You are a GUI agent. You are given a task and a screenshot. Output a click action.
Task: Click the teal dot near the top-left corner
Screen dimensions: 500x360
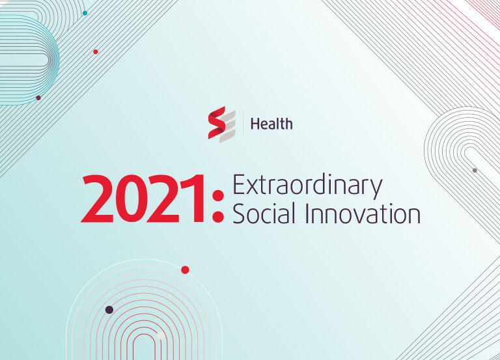coord(85,13)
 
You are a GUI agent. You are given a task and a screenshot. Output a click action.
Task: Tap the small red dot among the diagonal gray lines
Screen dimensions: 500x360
coord(96,51)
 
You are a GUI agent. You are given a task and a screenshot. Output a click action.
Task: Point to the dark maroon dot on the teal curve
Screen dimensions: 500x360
coord(38,98)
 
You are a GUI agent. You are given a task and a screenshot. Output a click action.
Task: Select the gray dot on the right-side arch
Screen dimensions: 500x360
coord(475,171)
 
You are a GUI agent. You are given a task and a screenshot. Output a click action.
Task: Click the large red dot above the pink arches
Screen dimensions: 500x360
coord(186,270)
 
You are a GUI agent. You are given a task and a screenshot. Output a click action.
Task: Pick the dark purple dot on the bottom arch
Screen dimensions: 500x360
coord(109,310)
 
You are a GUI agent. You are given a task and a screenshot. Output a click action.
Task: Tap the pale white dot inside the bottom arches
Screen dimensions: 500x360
coord(160,335)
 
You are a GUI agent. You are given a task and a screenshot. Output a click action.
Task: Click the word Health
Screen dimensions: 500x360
coord(271,124)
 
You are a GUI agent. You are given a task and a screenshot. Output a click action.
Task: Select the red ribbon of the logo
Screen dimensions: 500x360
coord(217,123)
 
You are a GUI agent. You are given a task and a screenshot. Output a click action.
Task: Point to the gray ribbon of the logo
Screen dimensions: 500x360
coord(228,126)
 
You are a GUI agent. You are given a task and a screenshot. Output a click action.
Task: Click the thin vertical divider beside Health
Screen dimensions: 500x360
coord(243,124)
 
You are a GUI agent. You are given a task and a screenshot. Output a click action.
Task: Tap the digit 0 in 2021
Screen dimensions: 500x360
coord(130,199)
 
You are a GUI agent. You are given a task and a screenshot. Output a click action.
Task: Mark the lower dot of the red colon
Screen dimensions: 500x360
coord(218,217)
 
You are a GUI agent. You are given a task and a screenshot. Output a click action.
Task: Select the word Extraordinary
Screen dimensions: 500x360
coord(307,186)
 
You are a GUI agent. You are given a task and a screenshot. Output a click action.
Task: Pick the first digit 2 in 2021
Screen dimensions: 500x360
coord(97,199)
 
